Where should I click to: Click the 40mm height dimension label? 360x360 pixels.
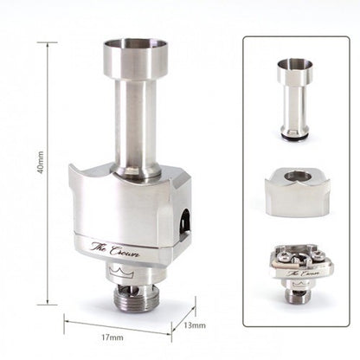[41, 162]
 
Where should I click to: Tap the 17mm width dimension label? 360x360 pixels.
[112, 337]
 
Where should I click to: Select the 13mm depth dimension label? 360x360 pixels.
[195, 325]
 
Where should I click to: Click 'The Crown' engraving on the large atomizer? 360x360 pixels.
[115, 249]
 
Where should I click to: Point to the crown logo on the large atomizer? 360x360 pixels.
[121, 272]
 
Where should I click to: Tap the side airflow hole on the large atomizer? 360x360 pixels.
[184, 223]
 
